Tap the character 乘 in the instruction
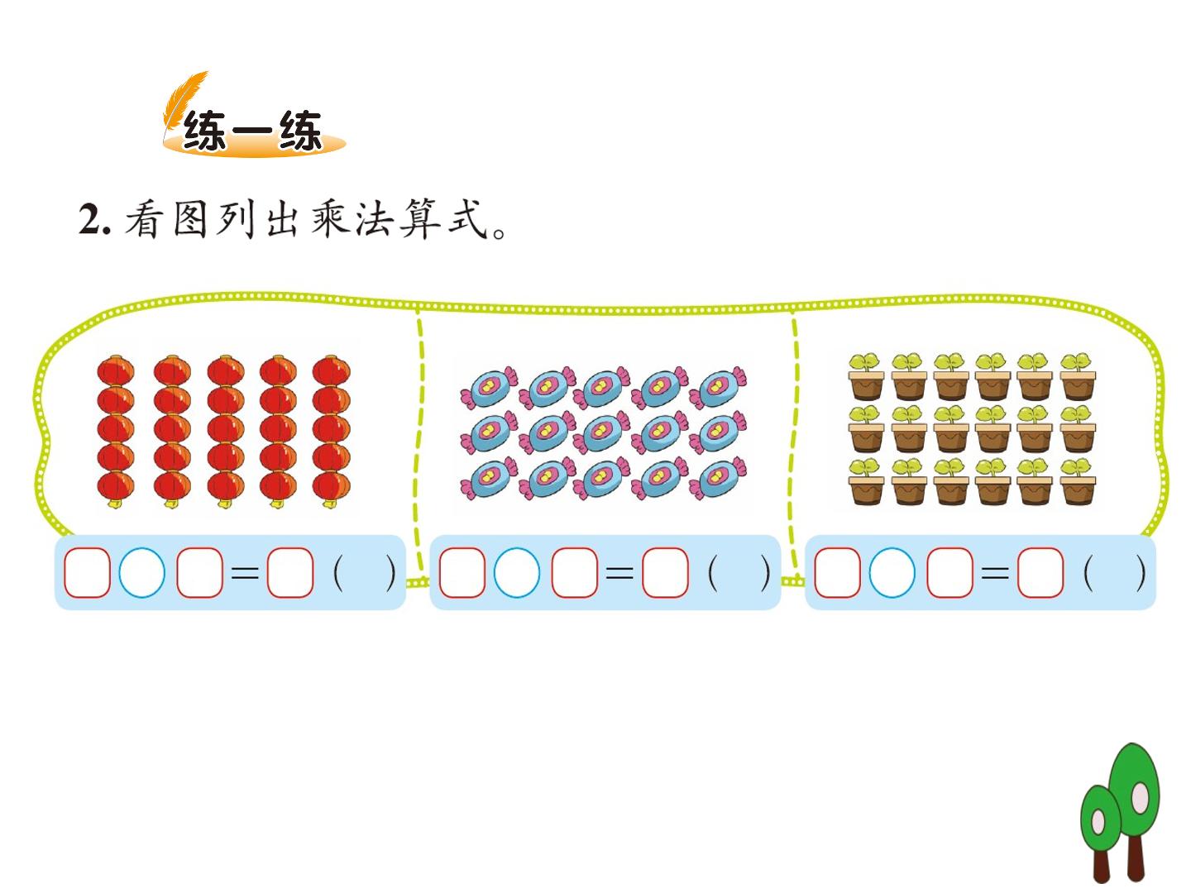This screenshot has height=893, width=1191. click(x=329, y=218)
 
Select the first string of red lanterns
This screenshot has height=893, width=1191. click(x=116, y=431)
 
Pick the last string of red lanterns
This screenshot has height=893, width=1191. click(x=331, y=431)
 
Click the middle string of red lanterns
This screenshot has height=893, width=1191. click(x=225, y=431)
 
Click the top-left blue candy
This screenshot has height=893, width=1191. click(x=489, y=388)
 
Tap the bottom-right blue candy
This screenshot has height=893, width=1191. click(x=718, y=478)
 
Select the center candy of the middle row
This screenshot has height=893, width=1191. click(x=602, y=432)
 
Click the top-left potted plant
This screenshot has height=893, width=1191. click(x=865, y=376)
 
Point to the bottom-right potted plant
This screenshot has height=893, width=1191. click(x=1078, y=481)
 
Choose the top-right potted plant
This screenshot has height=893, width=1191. click(x=1078, y=376)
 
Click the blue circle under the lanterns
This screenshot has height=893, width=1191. click(x=141, y=572)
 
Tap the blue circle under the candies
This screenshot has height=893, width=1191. click(x=517, y=572)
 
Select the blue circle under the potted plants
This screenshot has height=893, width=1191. click(x=892, y=572)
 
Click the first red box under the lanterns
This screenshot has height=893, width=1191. click(x=87, y=572)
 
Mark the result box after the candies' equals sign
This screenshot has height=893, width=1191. click(x=665, y=572)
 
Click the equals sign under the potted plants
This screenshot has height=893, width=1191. click(x=995, y=573)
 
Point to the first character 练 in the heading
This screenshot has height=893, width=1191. click(x=204, y=131)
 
